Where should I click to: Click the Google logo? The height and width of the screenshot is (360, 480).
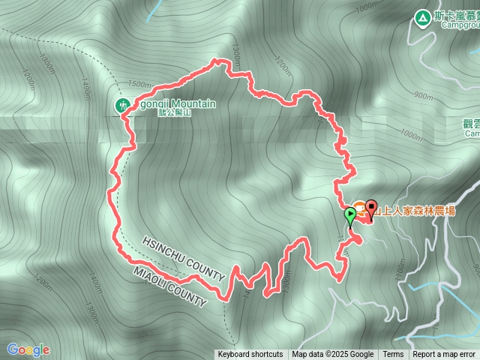[x=28, y=349]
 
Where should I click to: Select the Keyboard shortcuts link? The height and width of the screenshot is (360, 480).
[x=250, y=355]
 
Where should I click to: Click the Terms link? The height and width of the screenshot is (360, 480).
[x=393, y=355]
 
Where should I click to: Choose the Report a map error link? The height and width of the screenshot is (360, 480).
[x=444, y=355]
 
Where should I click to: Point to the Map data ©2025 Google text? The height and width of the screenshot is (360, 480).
[x=333, y=355]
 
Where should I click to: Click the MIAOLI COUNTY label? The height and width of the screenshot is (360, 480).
[x=169, y=286]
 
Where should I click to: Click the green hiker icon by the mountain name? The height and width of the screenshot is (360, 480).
[x=121, y=106]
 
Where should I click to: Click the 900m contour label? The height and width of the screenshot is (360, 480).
[x=423, y=96]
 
